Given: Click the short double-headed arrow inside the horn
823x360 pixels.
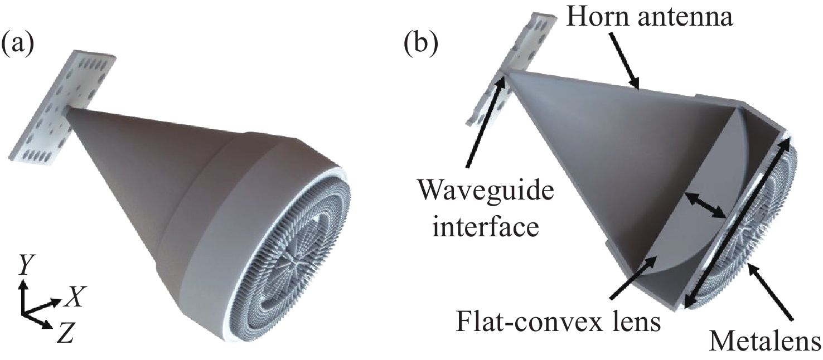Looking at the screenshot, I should [705, 205].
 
